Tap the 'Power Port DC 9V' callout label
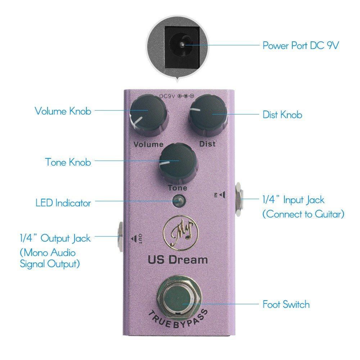301,46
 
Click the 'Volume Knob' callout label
63,111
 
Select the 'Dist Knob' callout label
282,115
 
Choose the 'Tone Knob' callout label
68,162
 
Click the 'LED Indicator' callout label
63,203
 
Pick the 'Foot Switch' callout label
286,305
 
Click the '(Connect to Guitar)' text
303,214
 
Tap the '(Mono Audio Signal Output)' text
50,258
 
